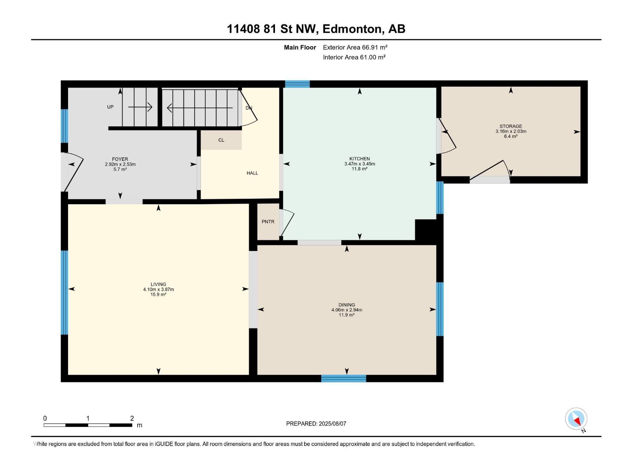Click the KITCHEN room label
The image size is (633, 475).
click(360, 159)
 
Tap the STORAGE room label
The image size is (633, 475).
click(511, 126)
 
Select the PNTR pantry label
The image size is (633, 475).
click(268, 222)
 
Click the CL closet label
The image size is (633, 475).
click(221, 140)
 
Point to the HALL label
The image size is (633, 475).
click(252, 173)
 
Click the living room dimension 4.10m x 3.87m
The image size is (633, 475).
click(158, 289)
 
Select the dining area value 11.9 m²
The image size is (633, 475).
click(347, 315)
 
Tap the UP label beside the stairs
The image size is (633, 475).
click(110, 107)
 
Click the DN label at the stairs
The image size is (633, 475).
click(248, 108)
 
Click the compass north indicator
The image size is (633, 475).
click(576, 419)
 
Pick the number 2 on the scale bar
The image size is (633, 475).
click(132, 418)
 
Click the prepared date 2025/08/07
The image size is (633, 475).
click(332, 424)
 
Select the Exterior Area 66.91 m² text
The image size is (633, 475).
click(355, 47)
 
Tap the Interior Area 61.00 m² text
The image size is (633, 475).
click(354, 57)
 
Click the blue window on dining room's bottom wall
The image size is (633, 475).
click(343, 378)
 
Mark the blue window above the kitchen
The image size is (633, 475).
click(297, 84)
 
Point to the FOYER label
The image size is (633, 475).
click(120, 159)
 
